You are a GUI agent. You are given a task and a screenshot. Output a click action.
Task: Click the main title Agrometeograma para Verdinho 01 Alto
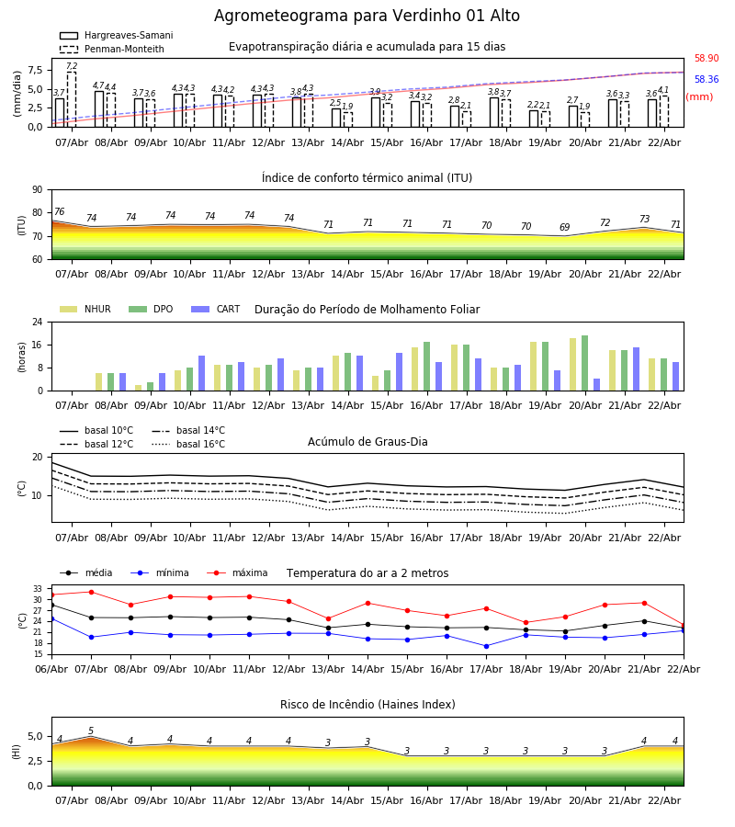367,17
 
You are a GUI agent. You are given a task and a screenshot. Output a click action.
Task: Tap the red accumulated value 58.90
706,59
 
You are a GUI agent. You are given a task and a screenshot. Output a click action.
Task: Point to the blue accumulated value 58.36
706,80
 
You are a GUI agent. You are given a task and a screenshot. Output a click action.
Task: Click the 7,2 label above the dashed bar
72,66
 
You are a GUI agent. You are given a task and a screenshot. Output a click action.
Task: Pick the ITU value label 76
59,212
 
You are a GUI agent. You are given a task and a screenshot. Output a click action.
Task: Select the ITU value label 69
564,228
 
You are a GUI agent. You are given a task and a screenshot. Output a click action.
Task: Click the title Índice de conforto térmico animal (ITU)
367,178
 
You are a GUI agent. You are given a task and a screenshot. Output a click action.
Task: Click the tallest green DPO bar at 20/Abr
584,363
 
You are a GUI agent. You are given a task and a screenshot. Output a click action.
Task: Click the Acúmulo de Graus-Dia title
367,442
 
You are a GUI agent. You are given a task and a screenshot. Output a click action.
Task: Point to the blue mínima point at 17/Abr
486,646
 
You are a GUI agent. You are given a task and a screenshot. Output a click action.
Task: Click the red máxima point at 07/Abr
91,592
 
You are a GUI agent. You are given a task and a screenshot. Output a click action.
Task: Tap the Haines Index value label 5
91,731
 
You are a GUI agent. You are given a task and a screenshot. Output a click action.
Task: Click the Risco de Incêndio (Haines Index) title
367,705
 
